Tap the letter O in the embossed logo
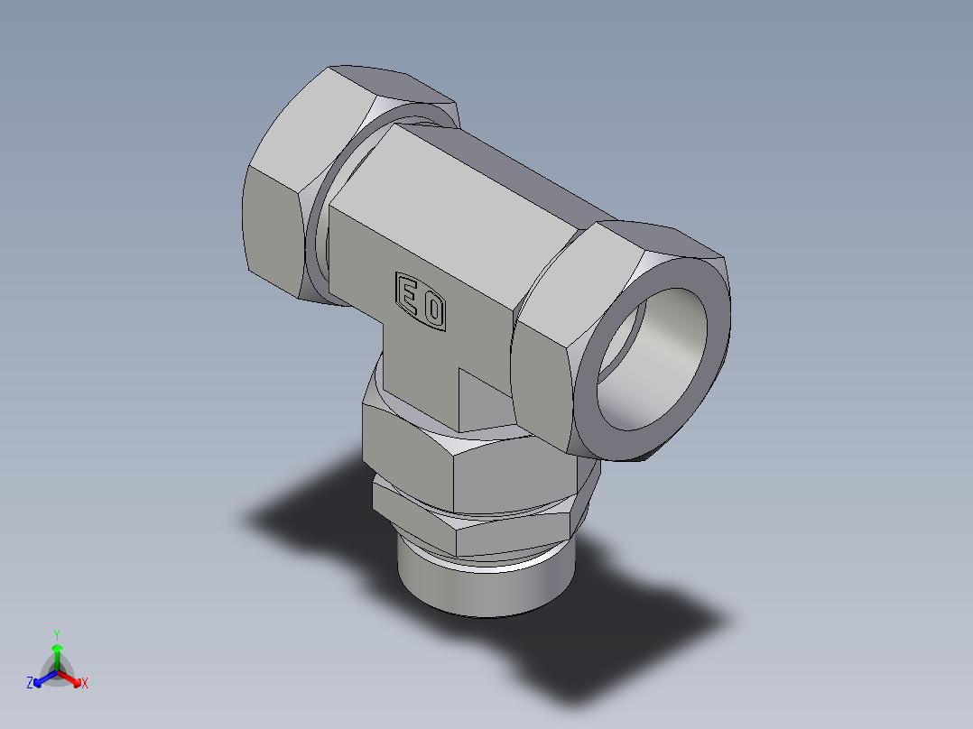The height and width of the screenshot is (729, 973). click(433, 311)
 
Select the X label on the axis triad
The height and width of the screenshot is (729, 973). click(85, 684)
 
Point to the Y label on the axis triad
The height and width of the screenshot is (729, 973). click(56, 633)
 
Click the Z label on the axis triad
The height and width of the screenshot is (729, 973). click(30, 684)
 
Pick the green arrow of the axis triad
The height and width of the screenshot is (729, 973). click(57, 654)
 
